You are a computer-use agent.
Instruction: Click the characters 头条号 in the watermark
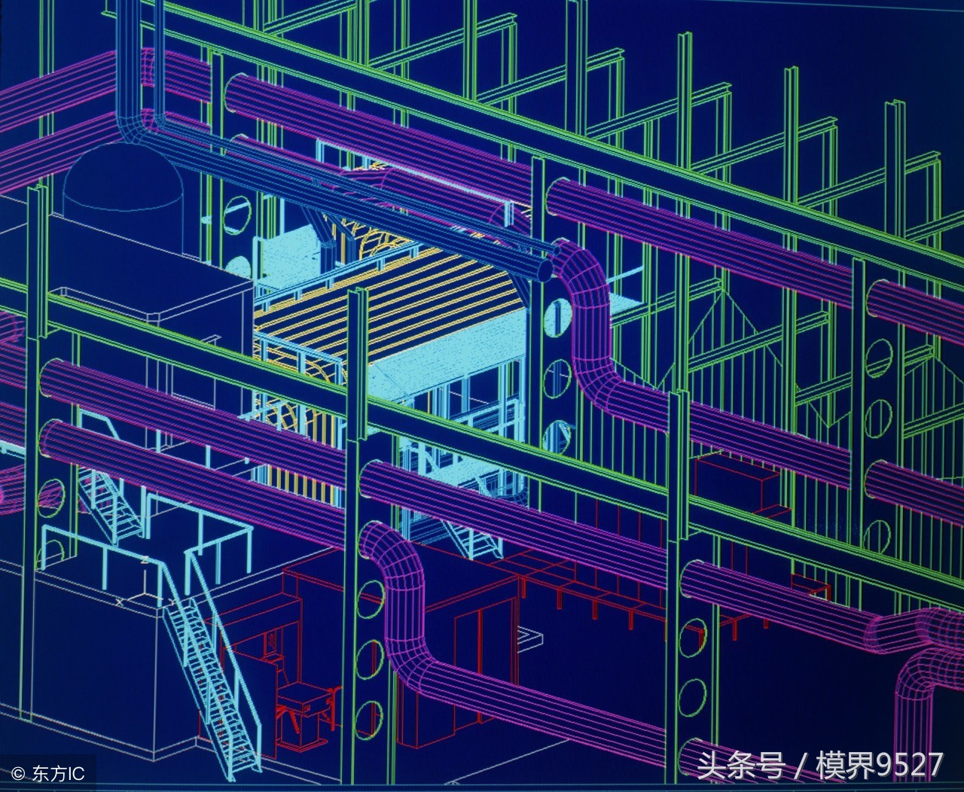point(741,766)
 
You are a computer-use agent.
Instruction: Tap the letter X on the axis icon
point(119,602)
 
